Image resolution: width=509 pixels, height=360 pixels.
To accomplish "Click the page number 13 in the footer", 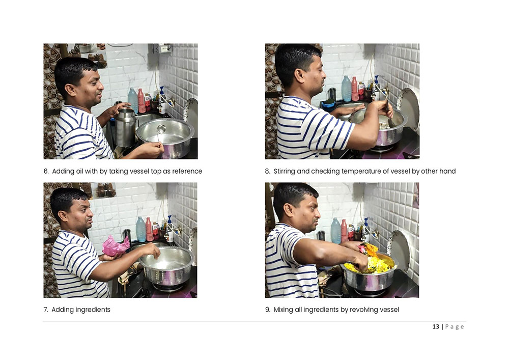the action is pyautogui.click(x=436, y=326).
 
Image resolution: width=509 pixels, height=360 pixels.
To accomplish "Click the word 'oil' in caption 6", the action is pyautogui.click(x=80, y=171).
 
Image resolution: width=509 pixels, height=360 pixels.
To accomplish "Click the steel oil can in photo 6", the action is pyautogui.click(x=125, y=127).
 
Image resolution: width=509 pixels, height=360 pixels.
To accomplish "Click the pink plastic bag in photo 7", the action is pyautogui.click(x=115, y=246).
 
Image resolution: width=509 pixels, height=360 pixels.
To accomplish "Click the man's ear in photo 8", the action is pyautogui.click(x=299, y=76).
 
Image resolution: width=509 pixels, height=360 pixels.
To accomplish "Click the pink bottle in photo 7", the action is pyautogui.click(x=149, y=229).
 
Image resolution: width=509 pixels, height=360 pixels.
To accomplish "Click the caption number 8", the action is pyautogui.click(x=268, y=172).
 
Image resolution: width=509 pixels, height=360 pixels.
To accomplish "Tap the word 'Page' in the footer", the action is pyautogui.click(x=455, y=327).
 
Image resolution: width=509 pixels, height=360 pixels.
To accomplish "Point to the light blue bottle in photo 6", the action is pyautogui.click(x=133, y=100).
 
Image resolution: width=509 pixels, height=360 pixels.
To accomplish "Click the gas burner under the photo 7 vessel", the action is pyautogui.click(x=168, y=287).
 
